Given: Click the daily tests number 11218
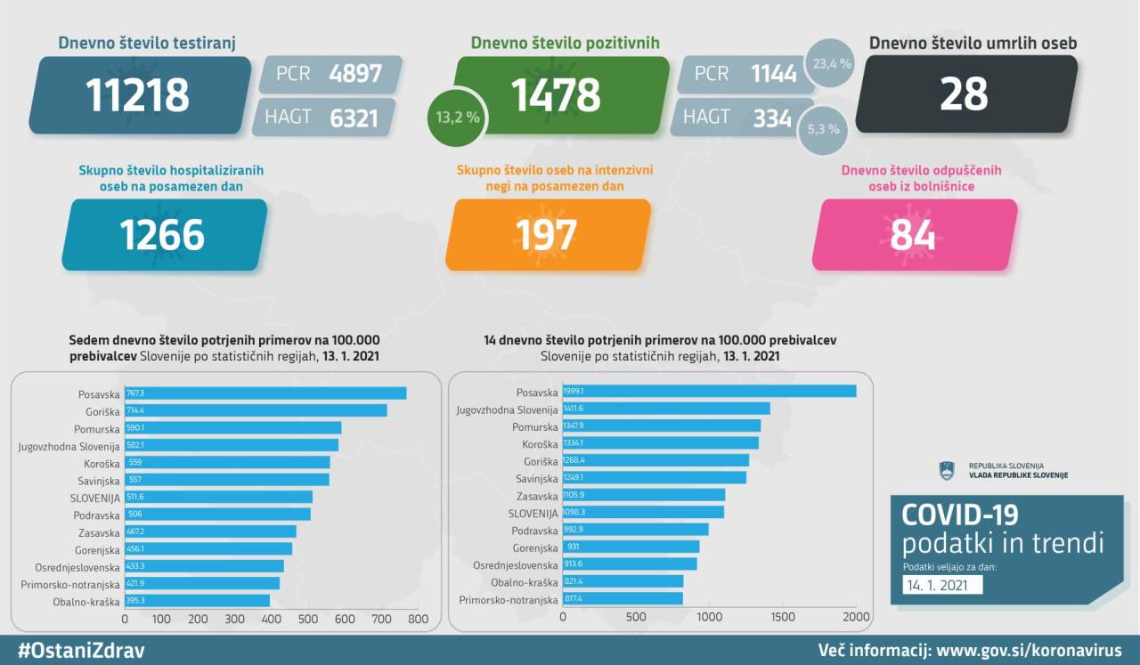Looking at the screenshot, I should tap(138, 95).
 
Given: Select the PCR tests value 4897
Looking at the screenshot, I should tap(354, 74).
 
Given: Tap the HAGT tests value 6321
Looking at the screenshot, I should tap(354, 117).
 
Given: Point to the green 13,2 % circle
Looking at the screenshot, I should tap(457, 117).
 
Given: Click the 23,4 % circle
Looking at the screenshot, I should tap(832, 64).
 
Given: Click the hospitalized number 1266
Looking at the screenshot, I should tap(162, 235).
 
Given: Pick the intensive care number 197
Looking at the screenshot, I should tap(546, 235).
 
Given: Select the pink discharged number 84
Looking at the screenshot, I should tap(913, 235).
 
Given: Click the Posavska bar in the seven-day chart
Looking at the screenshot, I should tap(265, 393).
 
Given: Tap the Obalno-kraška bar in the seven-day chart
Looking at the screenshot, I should tap(197, 601).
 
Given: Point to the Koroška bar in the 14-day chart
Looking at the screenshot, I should tap(661, 442).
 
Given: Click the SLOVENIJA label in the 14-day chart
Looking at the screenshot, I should tap(533, 513).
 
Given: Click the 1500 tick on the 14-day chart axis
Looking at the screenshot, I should tap(782, 617).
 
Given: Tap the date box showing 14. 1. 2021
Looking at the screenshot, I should tap(941, 585).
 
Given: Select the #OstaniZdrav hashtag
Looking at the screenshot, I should tap(81, 650).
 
